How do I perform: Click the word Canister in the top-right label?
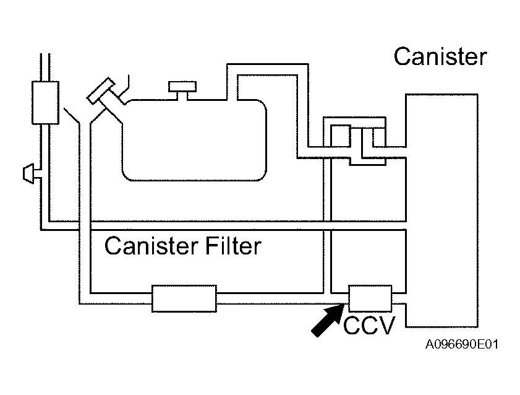click(440, 56)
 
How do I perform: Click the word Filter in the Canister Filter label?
click(233, 246)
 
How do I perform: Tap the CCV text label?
click(369, 325)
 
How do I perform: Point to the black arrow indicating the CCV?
click(327, 321)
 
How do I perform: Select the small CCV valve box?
click(370, 298)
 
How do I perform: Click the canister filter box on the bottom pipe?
click(184, 298)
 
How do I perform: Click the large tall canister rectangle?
click(441, 211)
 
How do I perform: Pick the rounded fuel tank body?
click(194, 140)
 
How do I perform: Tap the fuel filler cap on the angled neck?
click(101, 90)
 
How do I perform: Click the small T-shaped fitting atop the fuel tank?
click(182, 90)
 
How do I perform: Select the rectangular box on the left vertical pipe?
click(45, 103)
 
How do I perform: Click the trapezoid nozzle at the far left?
click(28, 173)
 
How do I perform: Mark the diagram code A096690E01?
click(462, 344)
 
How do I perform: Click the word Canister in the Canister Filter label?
click(151, 246)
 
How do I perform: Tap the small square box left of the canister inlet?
click(341, 136)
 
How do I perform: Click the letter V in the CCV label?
click(387, 325)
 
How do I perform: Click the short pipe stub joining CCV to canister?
click(399, 298)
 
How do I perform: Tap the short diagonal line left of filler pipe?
click(71, 116)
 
